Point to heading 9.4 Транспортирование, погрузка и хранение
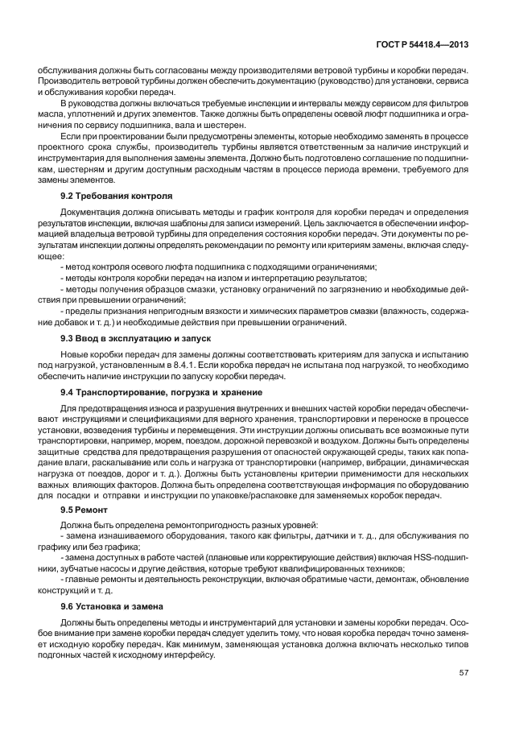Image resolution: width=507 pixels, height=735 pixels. coord(161,391)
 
